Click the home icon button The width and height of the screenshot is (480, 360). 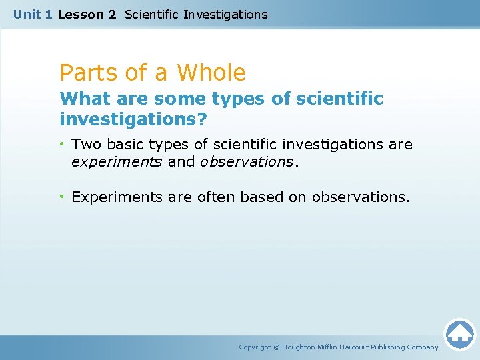[x=459, y=333]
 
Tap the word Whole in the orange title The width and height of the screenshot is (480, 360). [x=211, y=72]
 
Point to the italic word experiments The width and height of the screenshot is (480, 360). [x=117, y=162]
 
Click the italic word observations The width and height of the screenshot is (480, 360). [x=246, y=162]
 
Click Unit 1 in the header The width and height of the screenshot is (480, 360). [x=33, y=14]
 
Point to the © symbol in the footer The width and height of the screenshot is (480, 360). [x=277, y=347]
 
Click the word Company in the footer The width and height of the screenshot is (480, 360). [x=423, y=347]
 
